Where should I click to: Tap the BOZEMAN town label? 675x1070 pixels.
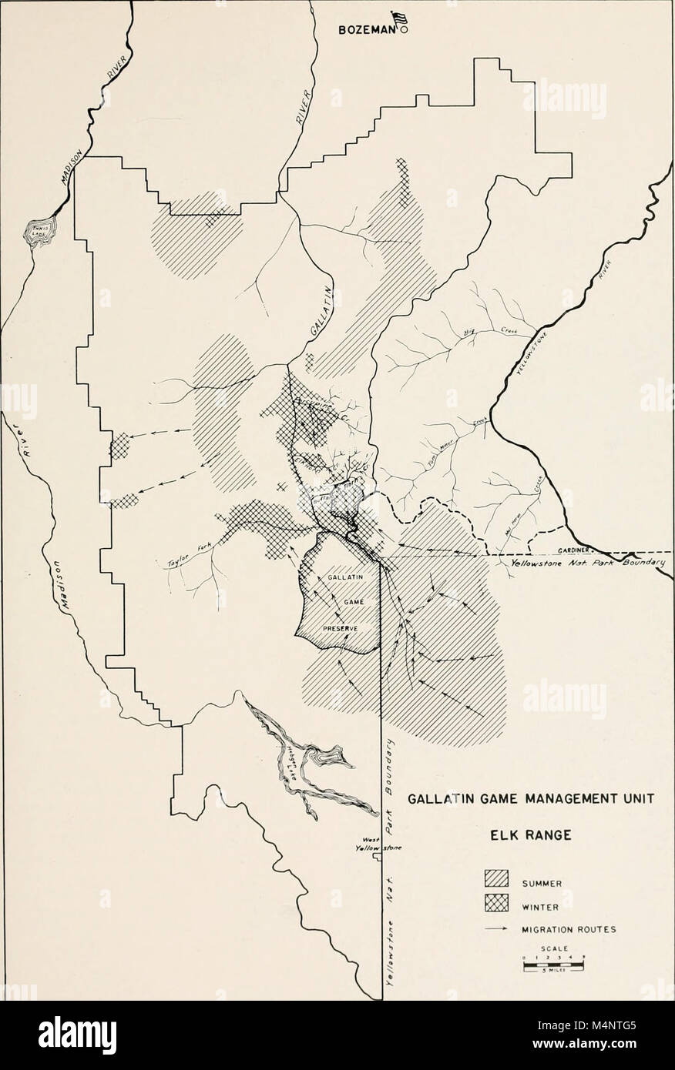[367, 32]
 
